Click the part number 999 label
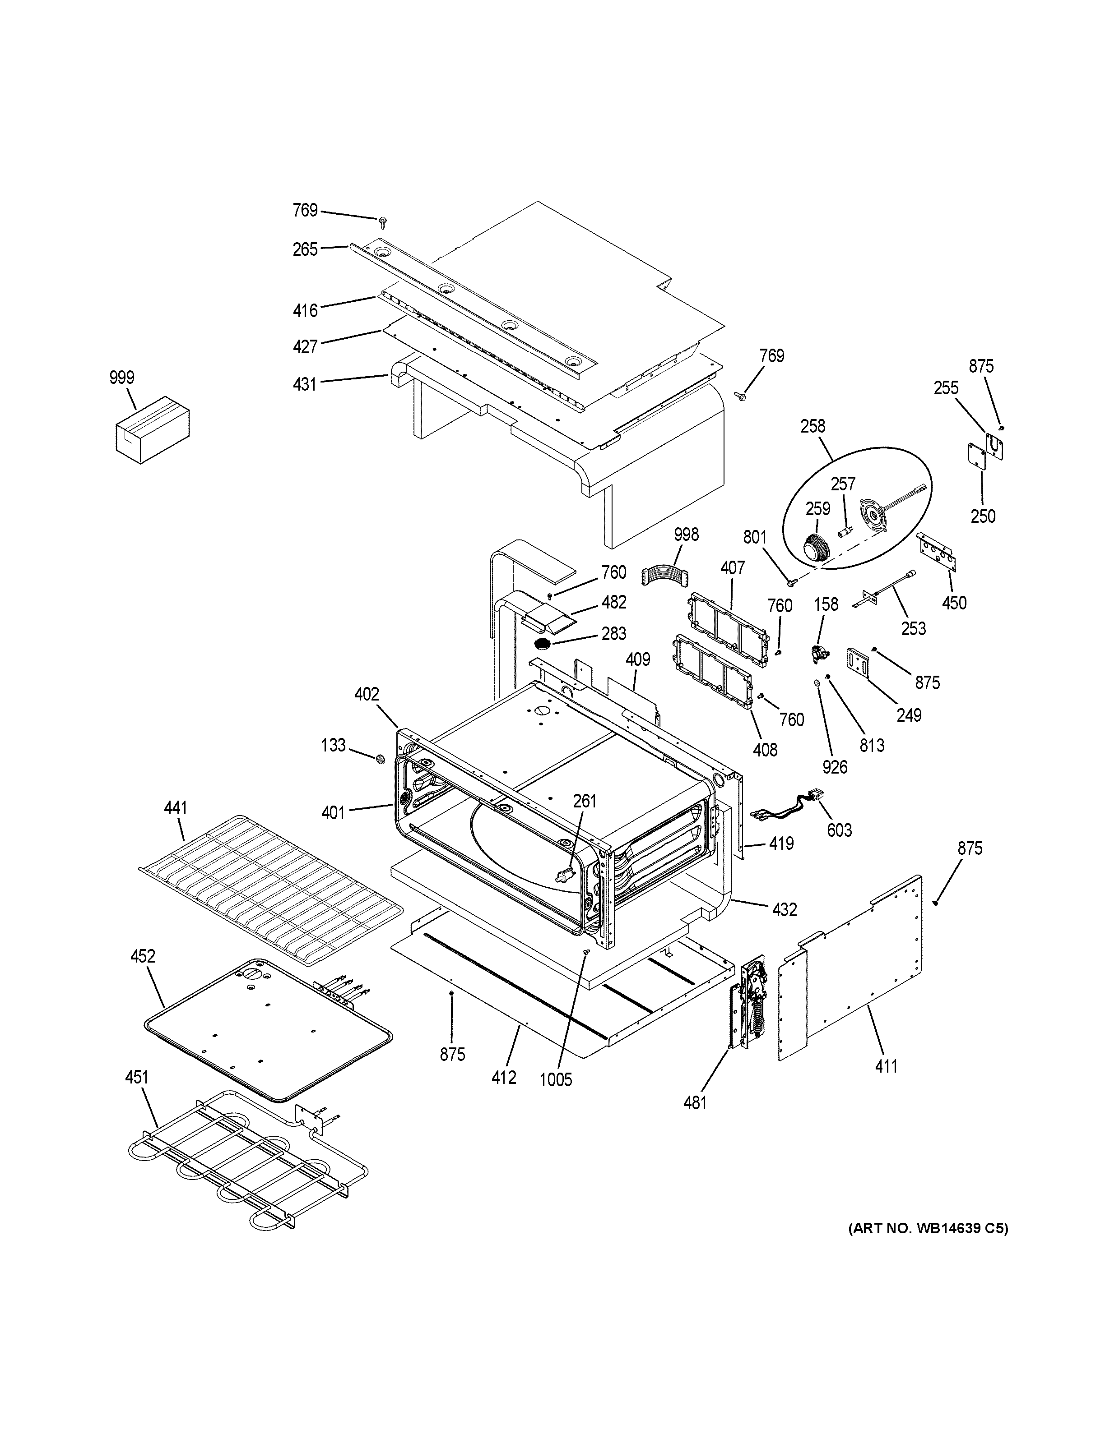(122, 378)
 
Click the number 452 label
(143, 957)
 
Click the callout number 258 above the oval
(813, 427)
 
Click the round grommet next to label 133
(379, 759)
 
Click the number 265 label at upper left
(305, 249)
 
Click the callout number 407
(733, 568)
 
